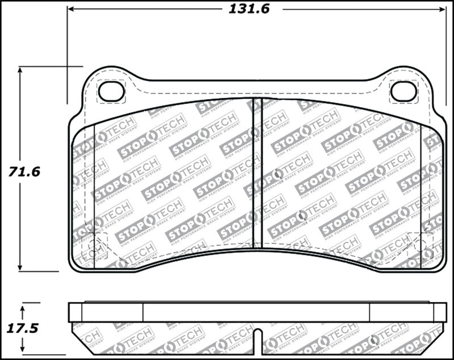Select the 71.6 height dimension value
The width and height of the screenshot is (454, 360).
(24, 171)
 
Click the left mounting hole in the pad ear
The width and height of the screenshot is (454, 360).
(111, 91)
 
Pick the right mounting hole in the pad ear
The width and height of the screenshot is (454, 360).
(403, 91)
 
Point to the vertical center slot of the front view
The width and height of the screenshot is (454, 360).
(257, 170)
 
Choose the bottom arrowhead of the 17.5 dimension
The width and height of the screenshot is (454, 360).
(22, 349)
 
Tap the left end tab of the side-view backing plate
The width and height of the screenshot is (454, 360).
(75, 312)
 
